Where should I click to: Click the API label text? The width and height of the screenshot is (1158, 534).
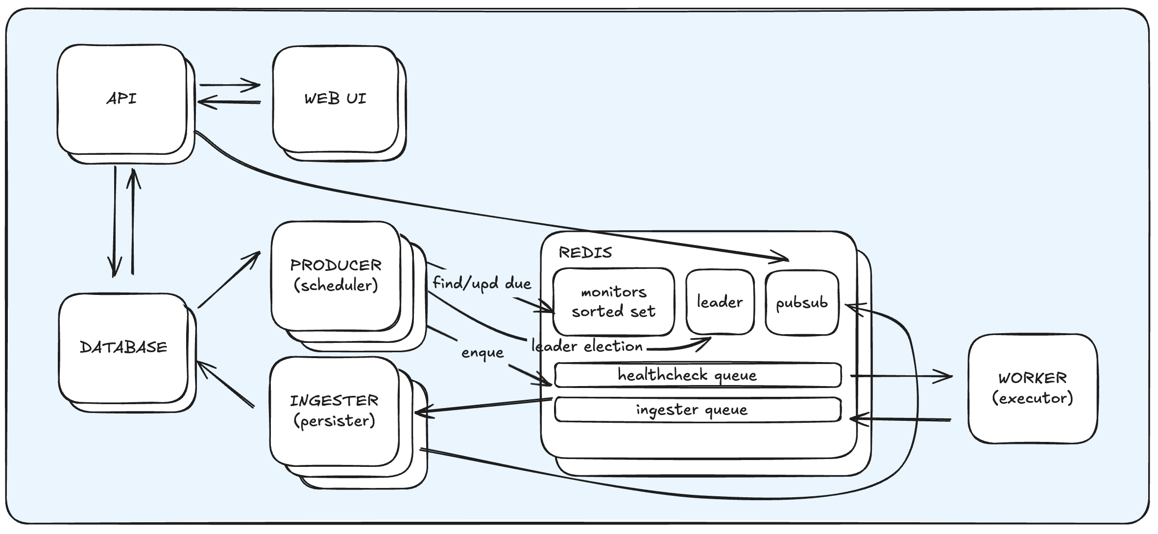(121, 98)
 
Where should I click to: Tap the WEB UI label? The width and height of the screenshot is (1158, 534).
(335, 98)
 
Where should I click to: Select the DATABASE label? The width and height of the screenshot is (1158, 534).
(123, 347)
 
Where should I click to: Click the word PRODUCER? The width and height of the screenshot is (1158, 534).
(336, 265)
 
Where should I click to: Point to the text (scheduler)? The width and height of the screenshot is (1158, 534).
(336, 286)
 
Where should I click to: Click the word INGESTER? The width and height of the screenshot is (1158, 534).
(334, 401)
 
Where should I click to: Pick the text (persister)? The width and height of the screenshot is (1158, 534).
(334, 421)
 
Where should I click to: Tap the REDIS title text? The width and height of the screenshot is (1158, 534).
(585, 253)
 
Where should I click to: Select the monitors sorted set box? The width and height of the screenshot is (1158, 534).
(613, 302)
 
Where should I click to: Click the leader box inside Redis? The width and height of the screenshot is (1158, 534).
(720, 302)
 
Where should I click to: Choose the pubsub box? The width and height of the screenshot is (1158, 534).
(802, 303)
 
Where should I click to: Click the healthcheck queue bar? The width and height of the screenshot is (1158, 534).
(698, 375)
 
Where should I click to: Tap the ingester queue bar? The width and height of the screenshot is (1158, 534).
(698, 410)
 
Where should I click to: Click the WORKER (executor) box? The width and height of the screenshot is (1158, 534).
(1033, 388)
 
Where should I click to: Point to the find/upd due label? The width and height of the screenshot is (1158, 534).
(482, 284)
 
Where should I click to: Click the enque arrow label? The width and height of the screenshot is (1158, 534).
(482, 353)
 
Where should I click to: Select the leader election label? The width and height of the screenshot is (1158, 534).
(587, 346)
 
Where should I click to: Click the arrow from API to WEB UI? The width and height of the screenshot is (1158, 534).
(229, 85)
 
